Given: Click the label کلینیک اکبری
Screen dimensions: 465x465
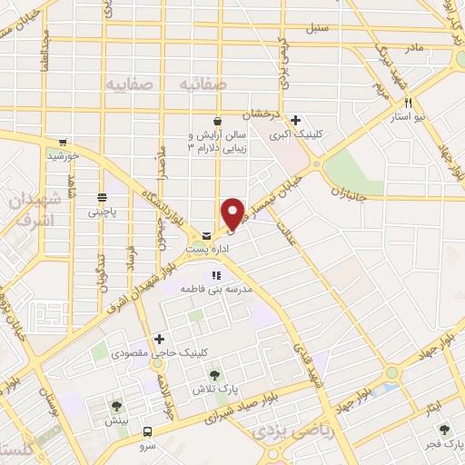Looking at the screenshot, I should [x=299, y=134].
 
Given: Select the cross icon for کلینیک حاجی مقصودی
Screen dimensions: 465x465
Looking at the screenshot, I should [x=159, y=338].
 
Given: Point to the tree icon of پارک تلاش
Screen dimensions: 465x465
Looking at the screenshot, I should [x=214, y=374].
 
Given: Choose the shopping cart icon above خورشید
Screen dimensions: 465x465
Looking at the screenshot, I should [x=63, y=142].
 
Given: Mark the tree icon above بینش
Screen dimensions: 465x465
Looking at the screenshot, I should [x=114, y=406].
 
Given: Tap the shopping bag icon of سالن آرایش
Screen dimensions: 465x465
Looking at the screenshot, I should [x=216, y=121].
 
